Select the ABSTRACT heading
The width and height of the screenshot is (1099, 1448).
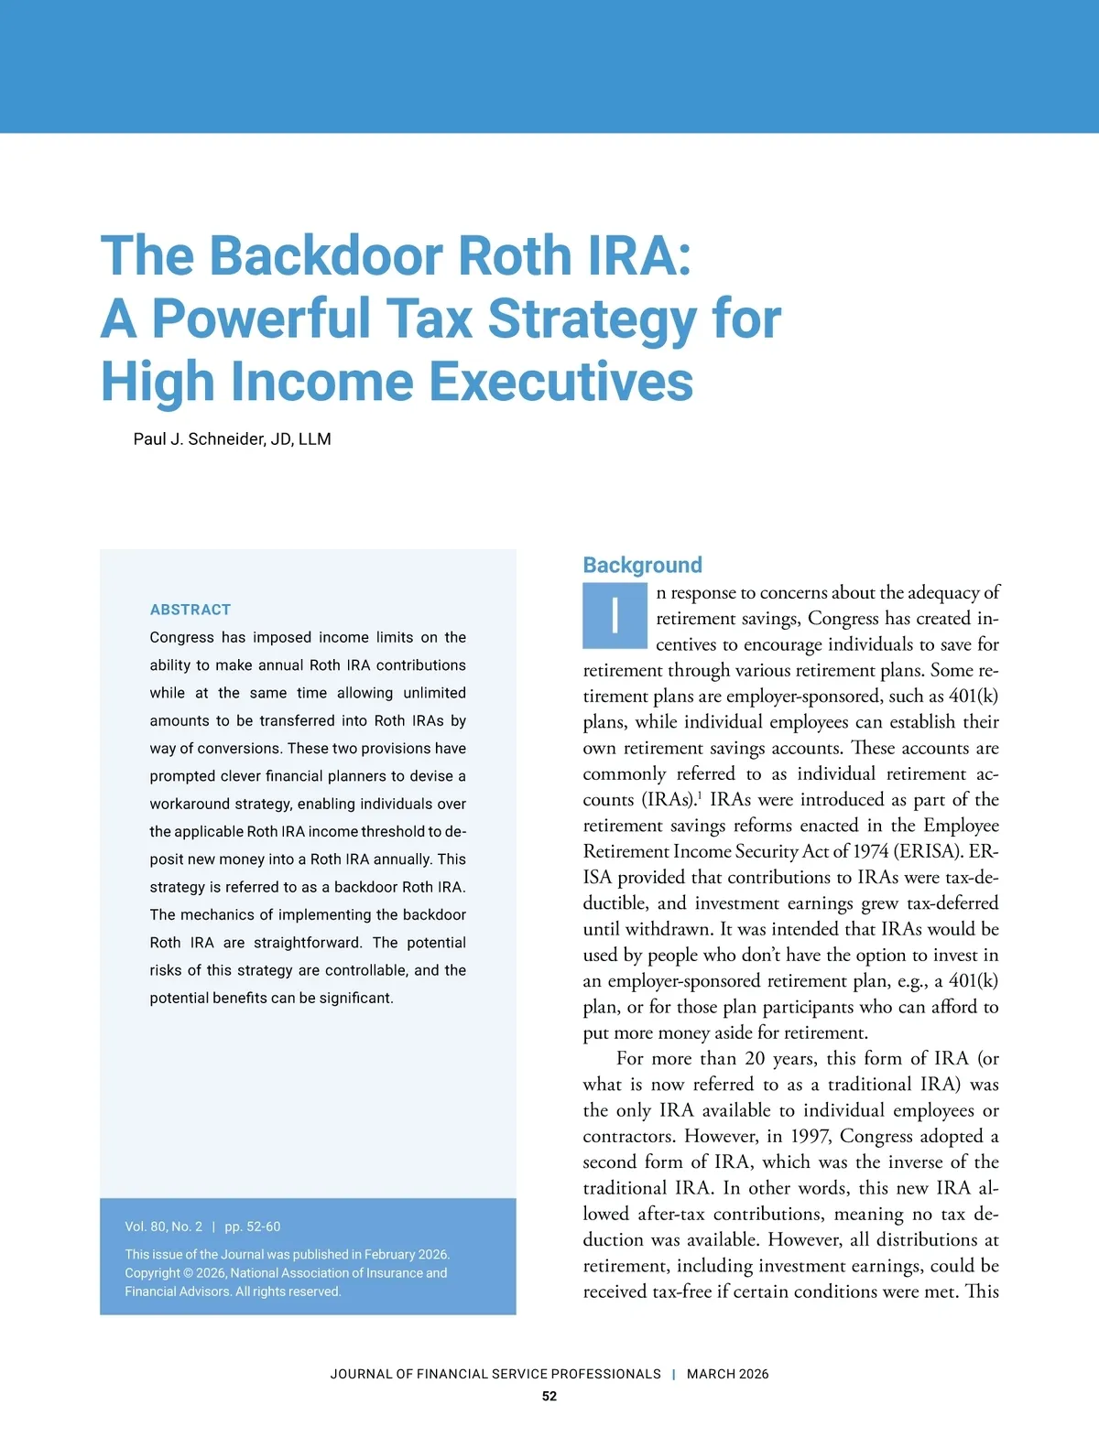(x=190, y=610)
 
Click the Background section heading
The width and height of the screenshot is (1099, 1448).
(x=642, y=565)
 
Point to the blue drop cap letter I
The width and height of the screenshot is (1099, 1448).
(x=615, y=615)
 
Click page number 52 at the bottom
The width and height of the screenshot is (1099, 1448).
(x=549, y=1396)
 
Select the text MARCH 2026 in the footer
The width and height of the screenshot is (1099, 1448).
(x=727, y=1374)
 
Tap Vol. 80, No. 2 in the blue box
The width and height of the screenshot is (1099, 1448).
(x=164, y=1226)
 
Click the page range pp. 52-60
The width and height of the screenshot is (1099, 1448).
(x=253, y=1226)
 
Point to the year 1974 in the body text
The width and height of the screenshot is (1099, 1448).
(x=870, y=851)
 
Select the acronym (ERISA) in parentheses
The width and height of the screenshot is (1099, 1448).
(x=928, y=851)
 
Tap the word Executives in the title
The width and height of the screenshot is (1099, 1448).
(x=560, y=382)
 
